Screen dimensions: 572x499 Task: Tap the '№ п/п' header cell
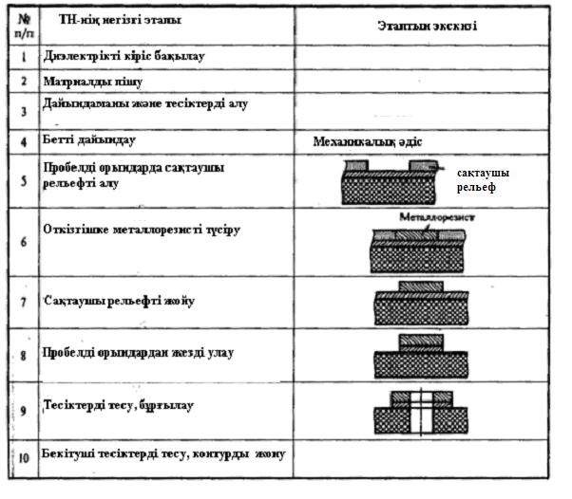tap(22, 24)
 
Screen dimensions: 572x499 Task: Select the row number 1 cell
tap(22, 58)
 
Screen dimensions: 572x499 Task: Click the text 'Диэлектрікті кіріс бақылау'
tap(124, 56)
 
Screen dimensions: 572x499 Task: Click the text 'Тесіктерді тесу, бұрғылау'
tap(119, 405)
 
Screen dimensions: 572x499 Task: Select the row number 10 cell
tap(23, 456)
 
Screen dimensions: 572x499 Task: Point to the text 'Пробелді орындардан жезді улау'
tap(139, 353)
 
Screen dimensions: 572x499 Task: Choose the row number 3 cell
tap(22, 110)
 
